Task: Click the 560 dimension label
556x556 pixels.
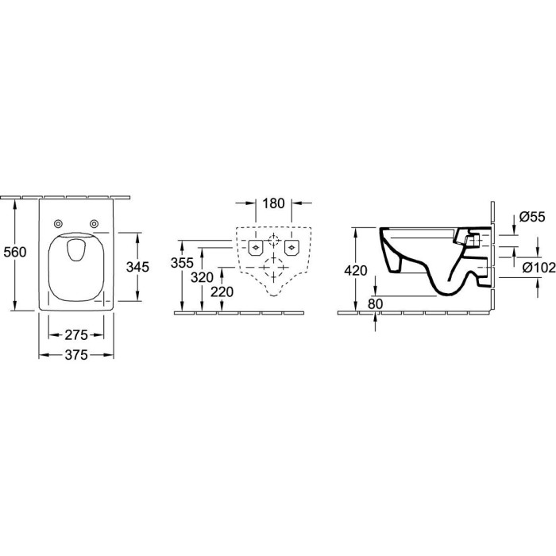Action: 15,252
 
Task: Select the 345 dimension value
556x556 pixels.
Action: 138,267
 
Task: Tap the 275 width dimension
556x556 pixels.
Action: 76,334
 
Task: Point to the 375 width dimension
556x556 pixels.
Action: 76,355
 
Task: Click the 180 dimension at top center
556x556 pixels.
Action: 273,203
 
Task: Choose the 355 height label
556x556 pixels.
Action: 182,263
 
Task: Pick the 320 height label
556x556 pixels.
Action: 202,278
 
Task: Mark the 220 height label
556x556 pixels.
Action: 222,292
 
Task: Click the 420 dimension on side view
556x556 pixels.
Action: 356,271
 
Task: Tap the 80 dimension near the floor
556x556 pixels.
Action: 376,304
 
